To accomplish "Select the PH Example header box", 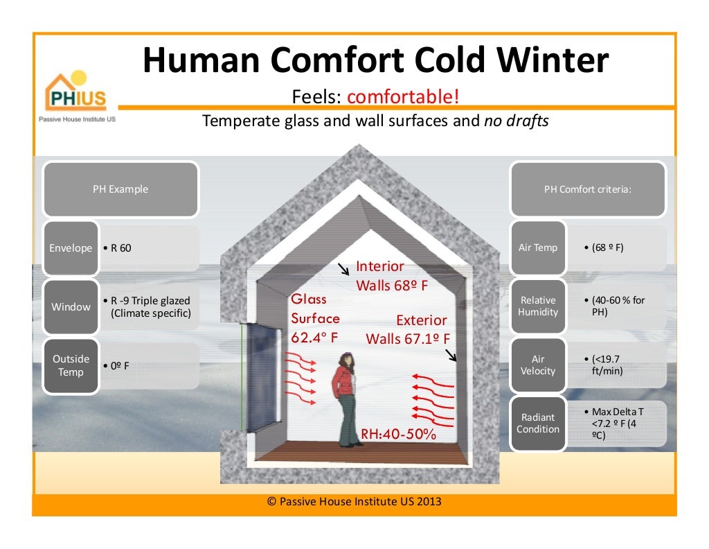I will pos(120,189).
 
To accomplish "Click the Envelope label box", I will pos(71,248).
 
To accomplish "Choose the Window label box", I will pos(71,306).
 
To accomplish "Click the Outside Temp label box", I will pos(71,365).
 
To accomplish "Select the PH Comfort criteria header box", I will pos(588,189).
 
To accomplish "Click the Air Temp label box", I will pos(538,247).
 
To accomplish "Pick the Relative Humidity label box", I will pos(538,306).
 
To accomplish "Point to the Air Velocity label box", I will pos(538,365).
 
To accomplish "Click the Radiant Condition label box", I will pos(538,423).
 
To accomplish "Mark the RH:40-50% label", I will pos(398,435).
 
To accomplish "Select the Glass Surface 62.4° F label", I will pos(315,318).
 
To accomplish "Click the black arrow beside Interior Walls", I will pos(343,269).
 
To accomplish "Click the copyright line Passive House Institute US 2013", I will pos(354,501).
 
